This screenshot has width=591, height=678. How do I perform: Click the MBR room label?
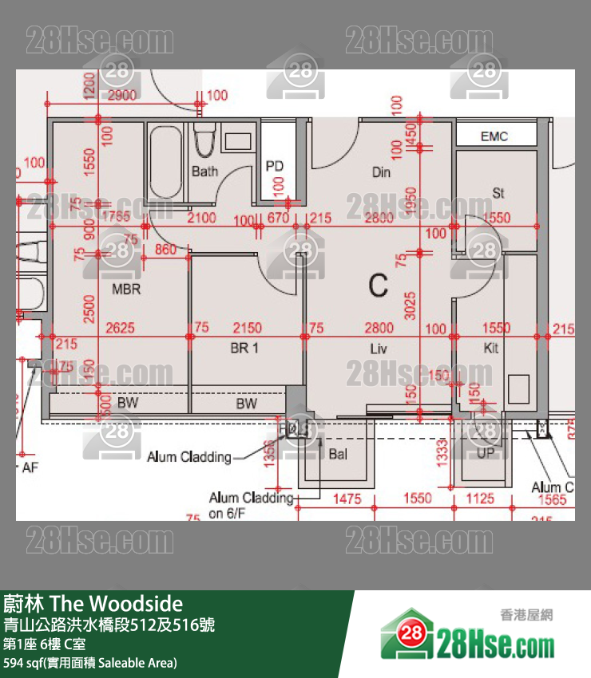tap(126, 289)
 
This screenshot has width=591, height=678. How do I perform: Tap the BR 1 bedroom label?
tap(244, 348)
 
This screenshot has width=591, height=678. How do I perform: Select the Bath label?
tap(204, 171)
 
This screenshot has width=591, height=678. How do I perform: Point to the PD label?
tap(275, 166)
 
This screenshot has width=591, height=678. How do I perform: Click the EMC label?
tap(494, 136)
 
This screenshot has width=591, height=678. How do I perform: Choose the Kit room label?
tap(491, 348)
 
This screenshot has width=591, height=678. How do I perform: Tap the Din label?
tap(381, 172)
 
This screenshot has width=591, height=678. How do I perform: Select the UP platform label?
tap(486, 453)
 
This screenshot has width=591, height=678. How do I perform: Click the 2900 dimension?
tap(121, 96)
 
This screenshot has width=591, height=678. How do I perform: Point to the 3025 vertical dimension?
tap(411, 304)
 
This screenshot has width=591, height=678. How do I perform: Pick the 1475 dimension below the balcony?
tap(347, 499)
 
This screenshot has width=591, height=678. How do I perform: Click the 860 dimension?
tap(165, 250)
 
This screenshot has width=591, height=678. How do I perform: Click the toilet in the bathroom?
tap(204, 140)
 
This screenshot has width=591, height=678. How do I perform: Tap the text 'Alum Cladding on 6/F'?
tap(251, 506)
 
